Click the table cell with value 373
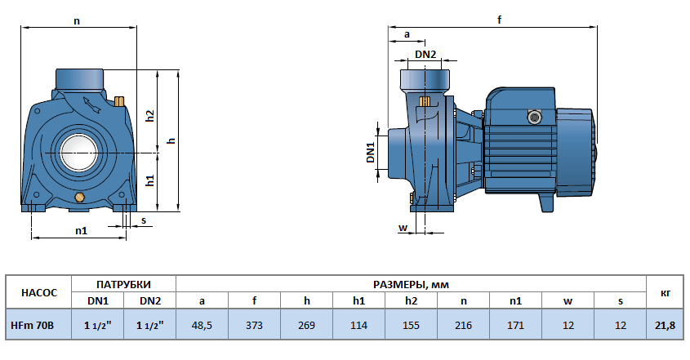point(255,326)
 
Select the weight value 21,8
point(665,326)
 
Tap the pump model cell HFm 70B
point(32,326)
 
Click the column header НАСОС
point(38,291)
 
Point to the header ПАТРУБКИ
point(123,283)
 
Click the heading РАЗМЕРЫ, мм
point(411,283)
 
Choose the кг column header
point(665,291)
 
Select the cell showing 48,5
point(202,326)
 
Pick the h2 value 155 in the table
point(411,326)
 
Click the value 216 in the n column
point(463,326)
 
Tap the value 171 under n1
point(515,326)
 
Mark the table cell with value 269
point(306,326)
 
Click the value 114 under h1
point(358,326)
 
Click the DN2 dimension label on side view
point(425,55)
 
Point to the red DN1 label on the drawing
point(370,153)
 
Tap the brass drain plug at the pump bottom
point(79,198)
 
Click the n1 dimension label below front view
point(82,230)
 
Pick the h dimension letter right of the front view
point(171,140)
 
